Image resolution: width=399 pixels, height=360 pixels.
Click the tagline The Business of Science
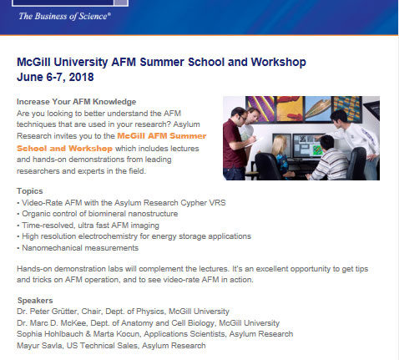click(64, 16)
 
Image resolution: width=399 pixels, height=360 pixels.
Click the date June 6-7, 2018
click(55, 77)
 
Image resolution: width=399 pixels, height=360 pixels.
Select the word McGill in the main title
click(33, 62)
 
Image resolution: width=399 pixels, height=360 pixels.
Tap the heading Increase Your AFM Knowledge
click(76, 102)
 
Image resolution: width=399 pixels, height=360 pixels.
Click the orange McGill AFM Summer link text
click(162, 136)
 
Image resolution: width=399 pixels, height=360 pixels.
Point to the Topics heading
click(30, 191)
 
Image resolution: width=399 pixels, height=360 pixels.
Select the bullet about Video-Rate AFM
click(121, 202)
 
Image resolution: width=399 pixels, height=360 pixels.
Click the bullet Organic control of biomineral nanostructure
click(98, 214)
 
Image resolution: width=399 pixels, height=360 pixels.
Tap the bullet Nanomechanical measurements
click(78, 248)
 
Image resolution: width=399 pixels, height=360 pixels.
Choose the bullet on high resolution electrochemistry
click(134, 236)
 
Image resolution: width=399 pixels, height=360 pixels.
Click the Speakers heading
click(35, 301)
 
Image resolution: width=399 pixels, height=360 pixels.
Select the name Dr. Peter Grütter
click(47, 312)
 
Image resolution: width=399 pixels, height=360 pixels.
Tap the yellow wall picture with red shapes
click(290, 109)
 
